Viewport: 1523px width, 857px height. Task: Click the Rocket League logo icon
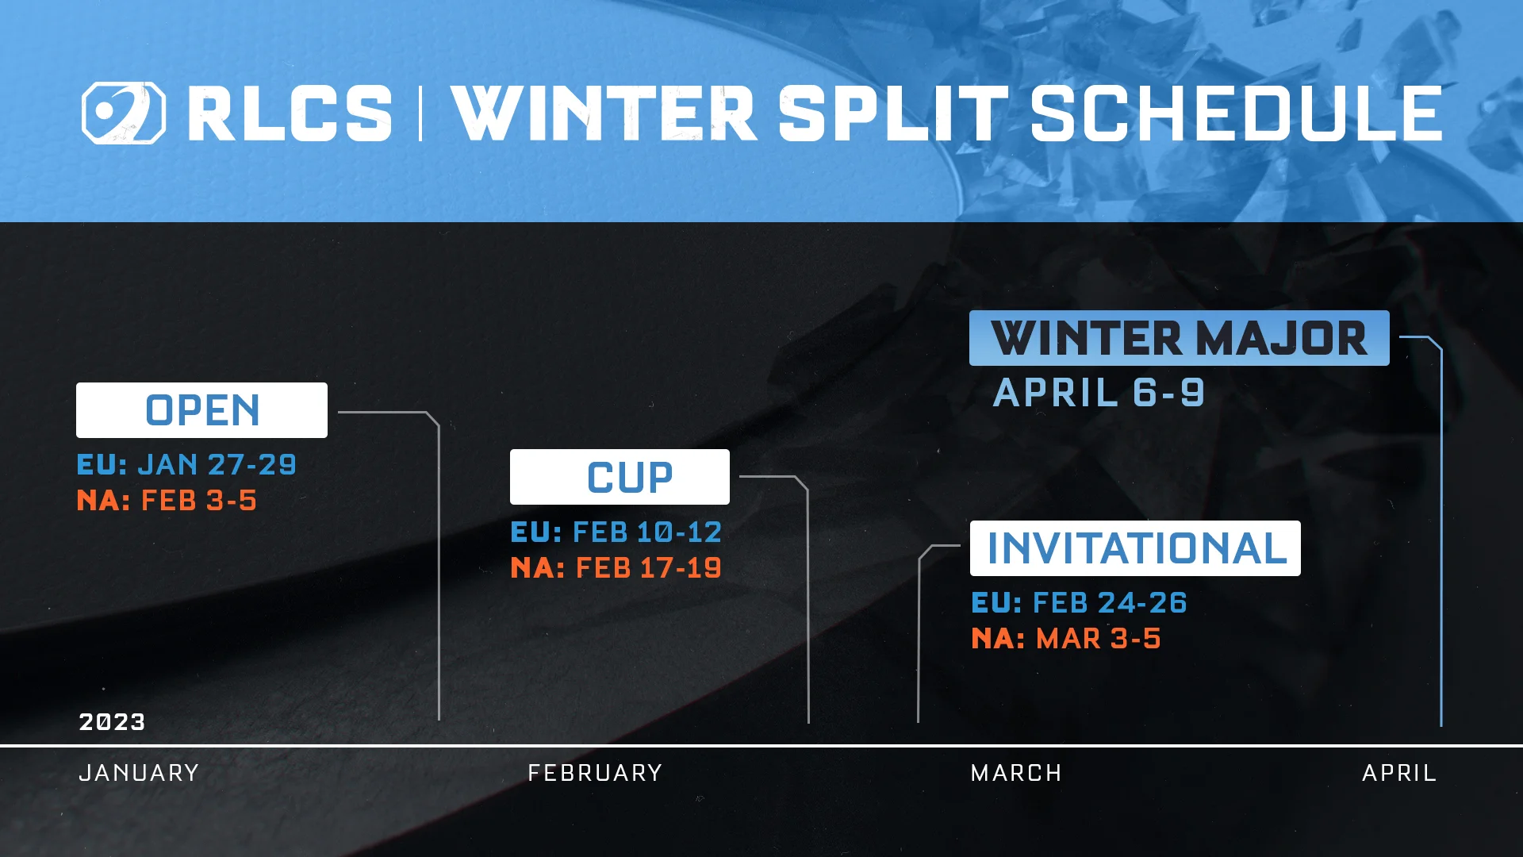coord(123,113)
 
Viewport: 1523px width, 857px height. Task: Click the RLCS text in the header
coord(290,114)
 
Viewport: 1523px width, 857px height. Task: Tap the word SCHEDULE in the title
coord(1235,114)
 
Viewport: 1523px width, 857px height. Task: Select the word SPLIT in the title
coord(892,114)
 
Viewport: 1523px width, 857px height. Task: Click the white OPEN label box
coord(201,410)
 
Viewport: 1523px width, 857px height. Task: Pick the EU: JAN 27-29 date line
coord(186,464)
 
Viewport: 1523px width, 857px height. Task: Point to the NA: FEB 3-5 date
coord(167,501)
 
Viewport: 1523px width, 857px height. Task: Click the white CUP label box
coord(620,477)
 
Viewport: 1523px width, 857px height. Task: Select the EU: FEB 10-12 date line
coord(616,532)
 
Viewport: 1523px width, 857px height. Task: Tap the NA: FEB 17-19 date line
coord(616,568)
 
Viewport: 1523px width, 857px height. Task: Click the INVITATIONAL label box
coord(1135,548)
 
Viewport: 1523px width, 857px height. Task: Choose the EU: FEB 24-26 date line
coord(1079,603)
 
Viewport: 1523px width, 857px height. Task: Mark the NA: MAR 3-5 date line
coord(1066,639)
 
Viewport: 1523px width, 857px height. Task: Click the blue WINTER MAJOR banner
coord(1179,338)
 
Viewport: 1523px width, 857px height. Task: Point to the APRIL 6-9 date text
coord(1099,393)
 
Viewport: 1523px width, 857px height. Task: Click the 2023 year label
coord(112,722)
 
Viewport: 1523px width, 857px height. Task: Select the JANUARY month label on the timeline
coord(139,773)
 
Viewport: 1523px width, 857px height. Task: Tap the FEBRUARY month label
coord(595,773)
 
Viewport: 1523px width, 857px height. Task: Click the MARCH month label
coord(1016,773)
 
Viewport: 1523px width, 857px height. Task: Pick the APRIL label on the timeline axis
coord(1399,773)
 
